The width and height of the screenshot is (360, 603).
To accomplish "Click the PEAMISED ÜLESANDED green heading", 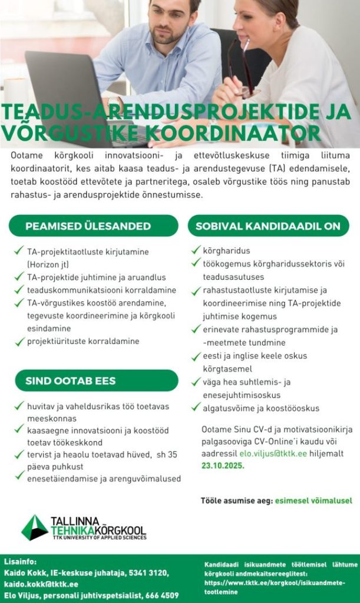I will (88, 226).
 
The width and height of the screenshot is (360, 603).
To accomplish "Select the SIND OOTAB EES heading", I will (71, 380).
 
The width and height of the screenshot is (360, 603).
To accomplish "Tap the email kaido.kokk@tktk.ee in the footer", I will (41, 584).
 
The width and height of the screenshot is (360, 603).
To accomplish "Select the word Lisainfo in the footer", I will (20, 562).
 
